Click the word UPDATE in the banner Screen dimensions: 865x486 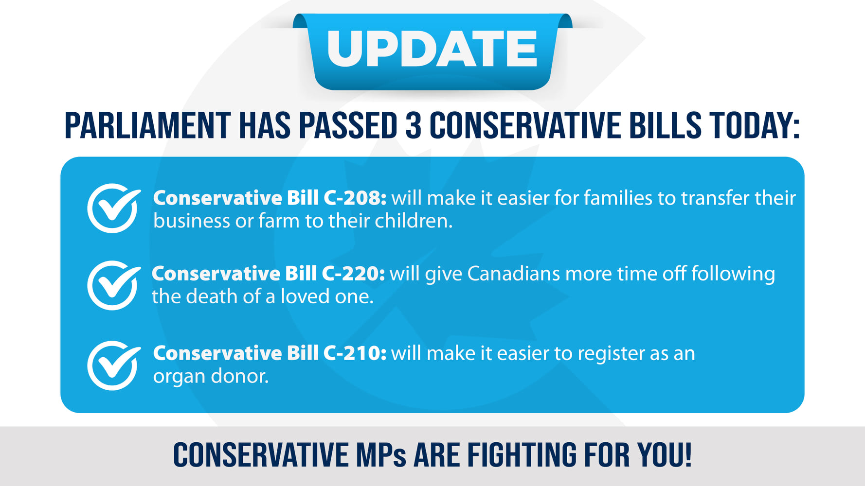(432, 49)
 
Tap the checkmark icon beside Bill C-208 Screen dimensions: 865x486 (113, 208)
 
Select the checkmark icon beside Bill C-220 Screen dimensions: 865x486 (113, 285)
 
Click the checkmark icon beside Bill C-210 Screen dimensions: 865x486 (113, 365)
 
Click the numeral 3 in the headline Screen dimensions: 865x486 (413, 125)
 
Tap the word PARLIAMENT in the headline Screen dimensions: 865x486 (148, 125)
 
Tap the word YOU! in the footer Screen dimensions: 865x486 (665, 455)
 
